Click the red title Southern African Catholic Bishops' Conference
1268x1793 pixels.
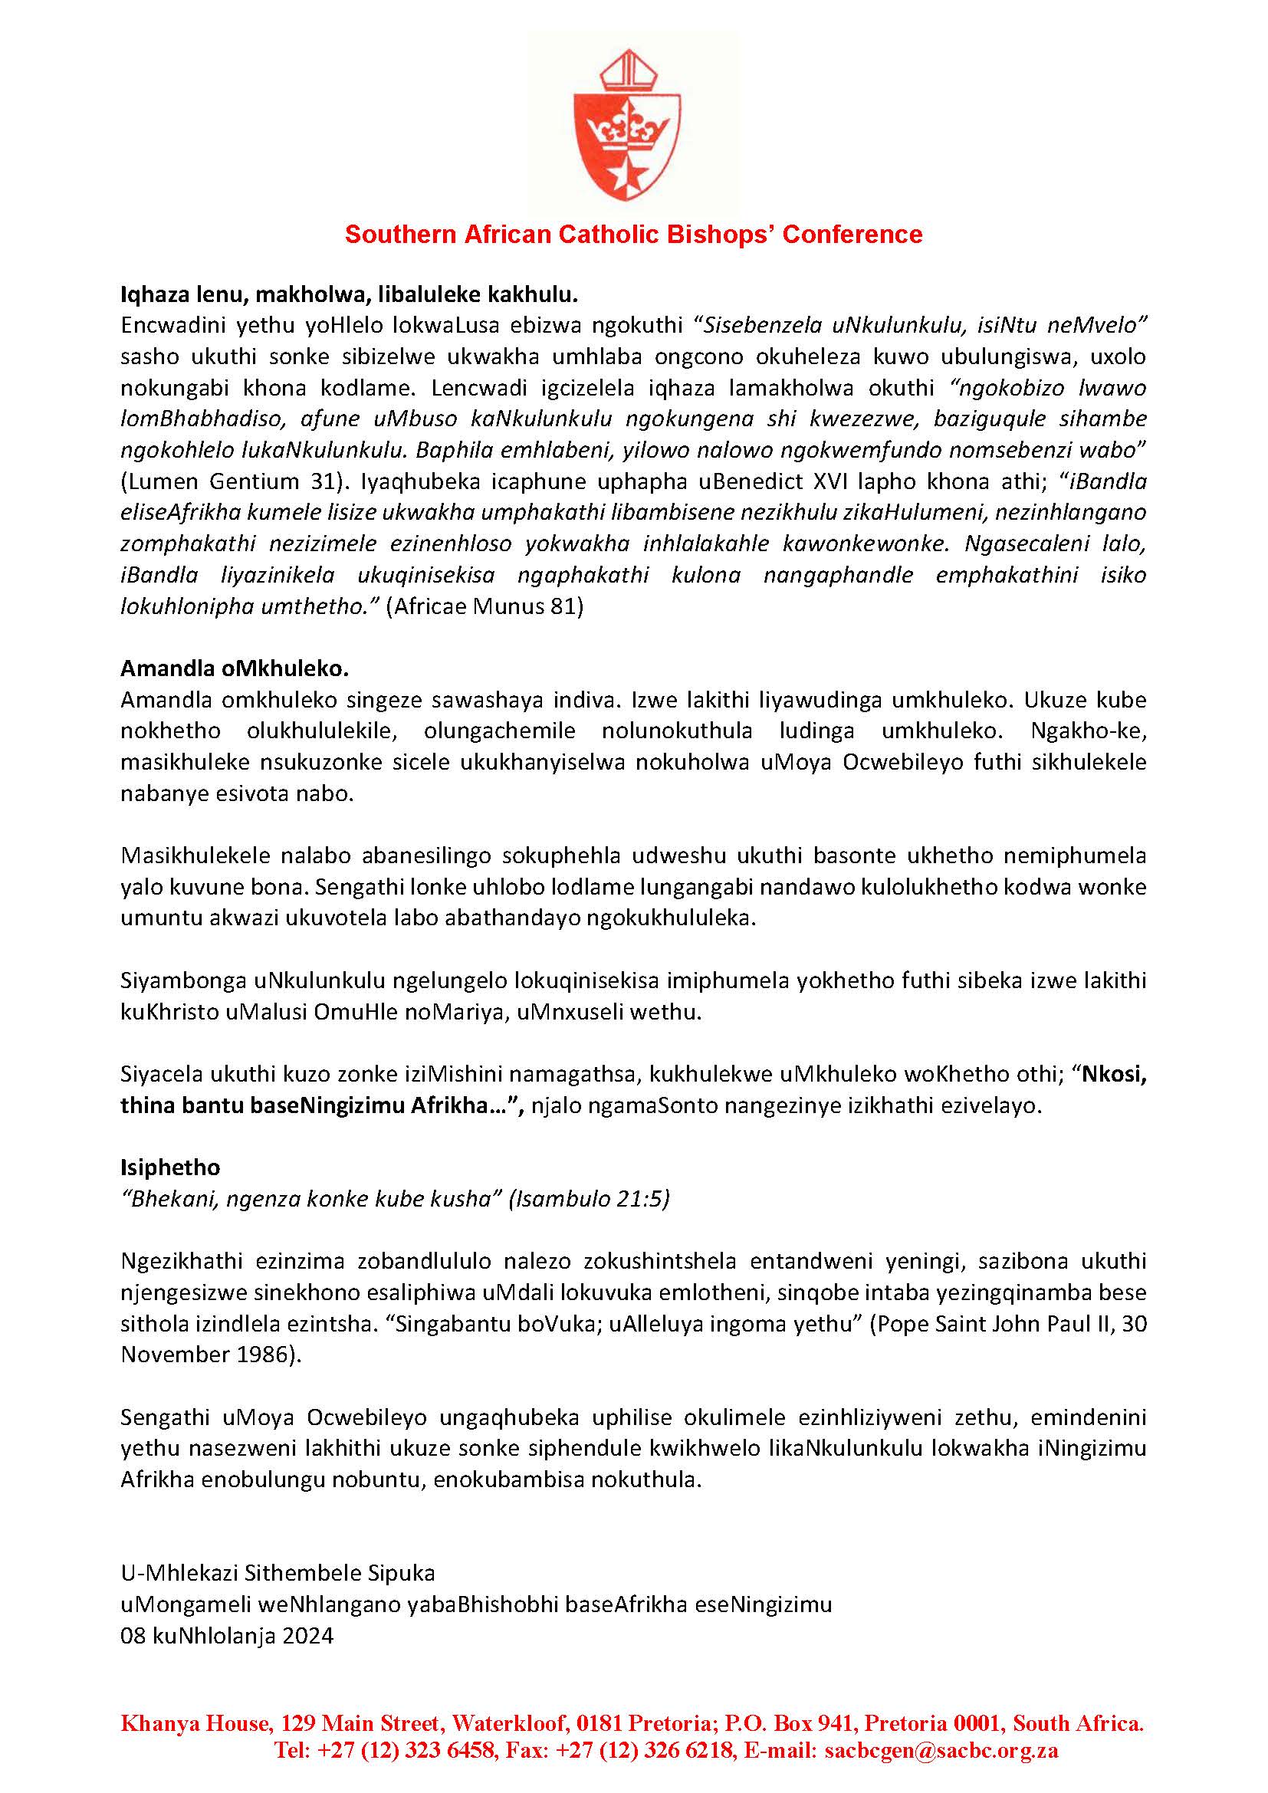633,235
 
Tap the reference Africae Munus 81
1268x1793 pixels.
485,607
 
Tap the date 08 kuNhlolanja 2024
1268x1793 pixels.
227,1635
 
